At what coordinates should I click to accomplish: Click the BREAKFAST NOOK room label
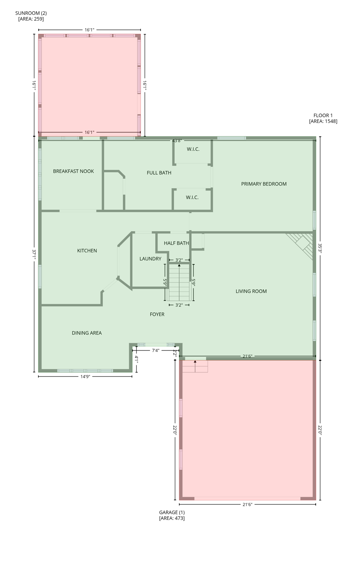pos(73,171)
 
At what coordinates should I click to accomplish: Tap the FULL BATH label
pos(159,173)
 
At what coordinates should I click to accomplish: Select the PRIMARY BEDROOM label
pos(264,184)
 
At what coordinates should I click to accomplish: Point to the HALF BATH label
pos(176,243)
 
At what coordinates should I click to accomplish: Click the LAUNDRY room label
pos(150,259)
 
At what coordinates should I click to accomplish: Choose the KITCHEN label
pos(87,251)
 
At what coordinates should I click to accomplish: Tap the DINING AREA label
pos(86,333)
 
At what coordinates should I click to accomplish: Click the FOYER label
pos(157,314)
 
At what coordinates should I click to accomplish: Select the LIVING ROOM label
pos(251,292)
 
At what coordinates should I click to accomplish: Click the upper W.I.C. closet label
pos(193,150)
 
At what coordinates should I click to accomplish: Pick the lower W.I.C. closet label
pos(192,198)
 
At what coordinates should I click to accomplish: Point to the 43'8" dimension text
pos(177,141)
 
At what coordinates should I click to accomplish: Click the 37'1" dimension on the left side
pos(34,255)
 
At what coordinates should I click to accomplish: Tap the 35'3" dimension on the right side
pos(320,248)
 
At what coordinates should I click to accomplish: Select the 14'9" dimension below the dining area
pos(85,377)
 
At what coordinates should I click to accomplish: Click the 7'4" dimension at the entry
pos(156,350)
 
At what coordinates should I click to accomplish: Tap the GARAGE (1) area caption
pos(172,515)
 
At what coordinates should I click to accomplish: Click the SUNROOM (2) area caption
pos(31,16)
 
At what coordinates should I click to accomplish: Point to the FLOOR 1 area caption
pos(323,118)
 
